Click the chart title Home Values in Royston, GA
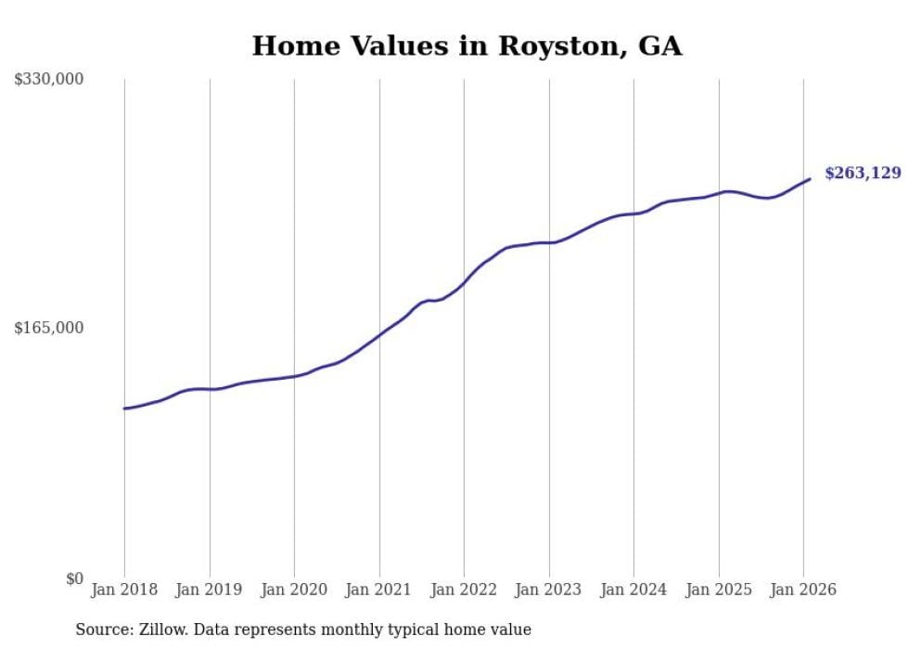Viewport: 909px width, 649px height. point(467,46)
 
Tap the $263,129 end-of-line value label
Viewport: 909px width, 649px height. point(862,173)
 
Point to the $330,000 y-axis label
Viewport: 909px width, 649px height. point(49,79)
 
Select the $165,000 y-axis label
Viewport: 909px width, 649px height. point(49,328)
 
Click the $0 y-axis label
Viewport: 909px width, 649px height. point(74,578)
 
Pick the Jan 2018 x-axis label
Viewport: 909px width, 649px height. point(124,590)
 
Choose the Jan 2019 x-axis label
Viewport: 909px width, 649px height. point(210,590)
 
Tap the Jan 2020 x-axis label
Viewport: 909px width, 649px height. point(294,590)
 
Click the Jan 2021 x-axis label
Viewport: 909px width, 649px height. point(379,590)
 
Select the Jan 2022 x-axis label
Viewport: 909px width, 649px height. point(464,590)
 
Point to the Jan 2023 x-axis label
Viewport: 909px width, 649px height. point(549,590)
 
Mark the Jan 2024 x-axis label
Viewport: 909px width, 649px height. point(634,590)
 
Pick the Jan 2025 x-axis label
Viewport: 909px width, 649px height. point(719,590)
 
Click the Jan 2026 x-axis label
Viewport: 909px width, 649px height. point(803,590)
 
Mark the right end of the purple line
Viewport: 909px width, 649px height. point(810,179)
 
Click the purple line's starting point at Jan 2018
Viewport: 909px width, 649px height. point(124,409)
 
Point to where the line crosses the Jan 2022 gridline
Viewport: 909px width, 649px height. point(464,282)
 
